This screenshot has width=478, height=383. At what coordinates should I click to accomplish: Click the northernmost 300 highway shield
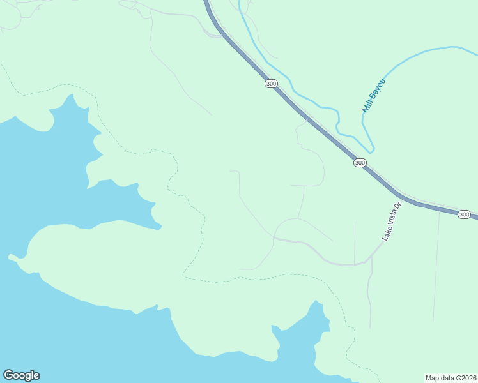coord(271,84)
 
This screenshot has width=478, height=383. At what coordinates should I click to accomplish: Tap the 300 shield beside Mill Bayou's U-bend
coord(360,163)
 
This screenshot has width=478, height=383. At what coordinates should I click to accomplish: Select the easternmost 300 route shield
coord(465,214)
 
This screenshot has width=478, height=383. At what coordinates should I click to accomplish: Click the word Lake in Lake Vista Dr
coord(387,234)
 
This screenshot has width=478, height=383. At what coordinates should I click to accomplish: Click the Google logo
coord(21,375)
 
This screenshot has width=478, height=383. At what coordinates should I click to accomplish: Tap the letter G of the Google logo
coord(8,375)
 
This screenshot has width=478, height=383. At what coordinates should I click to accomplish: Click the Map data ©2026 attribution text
coord(451,378)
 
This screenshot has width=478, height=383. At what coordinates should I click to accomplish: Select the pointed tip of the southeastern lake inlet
coord(314,302)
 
